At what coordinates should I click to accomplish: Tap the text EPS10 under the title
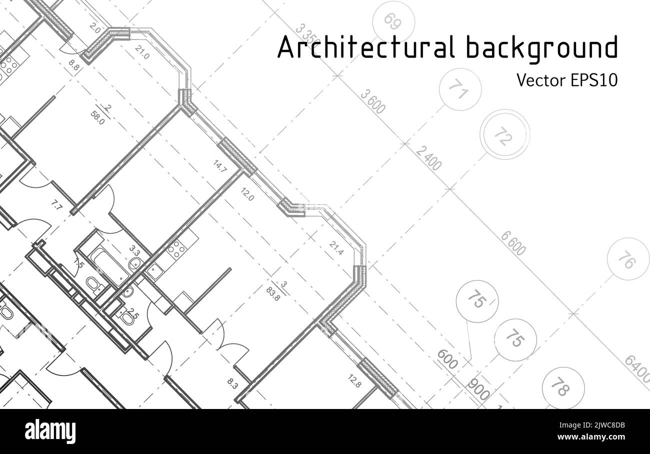pos(593,80)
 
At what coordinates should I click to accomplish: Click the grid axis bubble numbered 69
pos(393,21)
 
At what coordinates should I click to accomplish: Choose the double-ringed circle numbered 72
pos(504,134)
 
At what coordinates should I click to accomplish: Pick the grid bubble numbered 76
pos(627,259)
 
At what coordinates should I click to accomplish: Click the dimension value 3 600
pos(373,101)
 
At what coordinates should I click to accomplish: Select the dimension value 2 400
pos(428,158)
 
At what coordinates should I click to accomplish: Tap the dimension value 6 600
pos(513,243)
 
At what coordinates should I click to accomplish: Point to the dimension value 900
pos(478,388)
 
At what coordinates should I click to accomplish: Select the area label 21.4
pos(336,248)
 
